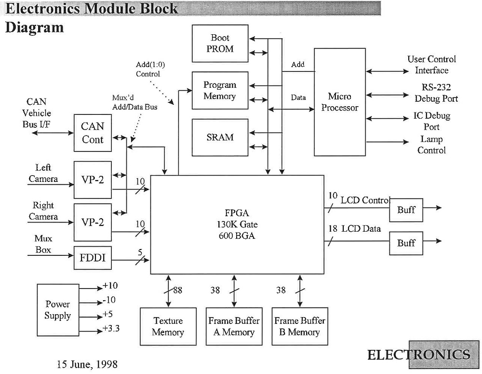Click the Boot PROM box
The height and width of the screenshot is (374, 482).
pos(220,43)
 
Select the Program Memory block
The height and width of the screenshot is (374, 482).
pos(220,90)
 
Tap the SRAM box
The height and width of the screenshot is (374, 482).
pos(220,137)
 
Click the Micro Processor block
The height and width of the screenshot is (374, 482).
pos(340,102)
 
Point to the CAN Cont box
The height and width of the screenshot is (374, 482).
pos(93,133)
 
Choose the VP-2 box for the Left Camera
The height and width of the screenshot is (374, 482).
pos(93,180)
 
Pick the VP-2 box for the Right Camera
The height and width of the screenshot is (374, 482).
pos(93,222)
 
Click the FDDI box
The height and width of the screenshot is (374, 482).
pos(93,258)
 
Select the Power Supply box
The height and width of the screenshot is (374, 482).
pos(58,310)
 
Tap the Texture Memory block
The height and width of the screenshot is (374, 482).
pos(168,326)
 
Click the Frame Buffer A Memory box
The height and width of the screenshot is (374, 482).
pos(234,326)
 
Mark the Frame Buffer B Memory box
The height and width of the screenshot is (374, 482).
pos(300,326)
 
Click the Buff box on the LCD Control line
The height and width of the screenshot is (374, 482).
pos(406,210)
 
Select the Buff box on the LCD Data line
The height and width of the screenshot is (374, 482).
pos(406,243)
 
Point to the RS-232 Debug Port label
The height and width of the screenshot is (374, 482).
pos(436,93)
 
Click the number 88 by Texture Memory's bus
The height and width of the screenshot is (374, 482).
pos(177,291)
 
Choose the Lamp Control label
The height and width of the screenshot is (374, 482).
pos(431,145)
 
